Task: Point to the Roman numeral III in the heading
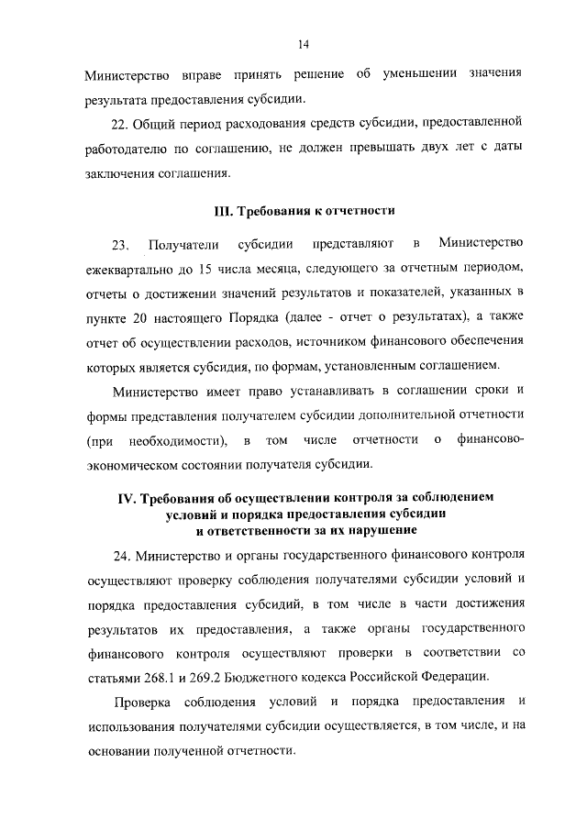(x=225, y=211)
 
